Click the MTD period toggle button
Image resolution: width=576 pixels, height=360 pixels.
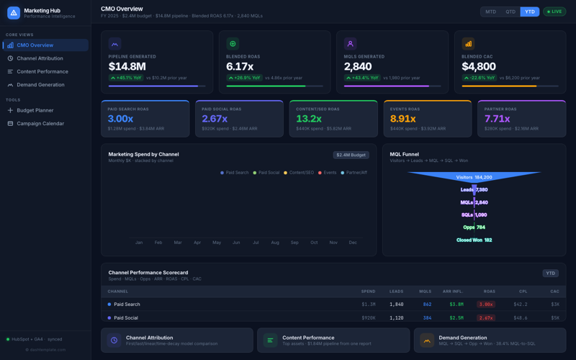click(x=490, y=12)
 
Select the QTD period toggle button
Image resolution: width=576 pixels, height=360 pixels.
click(x=510, y=12)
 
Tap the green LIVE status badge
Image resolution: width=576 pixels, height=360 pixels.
click(x=554, y=12)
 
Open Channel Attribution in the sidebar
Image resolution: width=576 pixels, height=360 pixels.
click(x=40, y=58)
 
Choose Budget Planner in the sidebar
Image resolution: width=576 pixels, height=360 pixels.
click(x=35, y=110)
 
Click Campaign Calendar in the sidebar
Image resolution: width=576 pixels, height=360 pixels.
click(x=40, y=123)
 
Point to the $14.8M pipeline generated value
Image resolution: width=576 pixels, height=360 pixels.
click(x=127, y=66)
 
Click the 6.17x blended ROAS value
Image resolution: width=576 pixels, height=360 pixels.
click(x=240, y=66)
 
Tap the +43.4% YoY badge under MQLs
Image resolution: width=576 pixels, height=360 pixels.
click(x=361, y=78)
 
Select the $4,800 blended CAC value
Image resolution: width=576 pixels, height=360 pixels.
click(x=479, y=66)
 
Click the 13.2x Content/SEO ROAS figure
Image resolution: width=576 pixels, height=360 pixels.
click(x=309, y=119)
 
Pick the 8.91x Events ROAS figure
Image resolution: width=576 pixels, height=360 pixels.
click(x=402, y=119)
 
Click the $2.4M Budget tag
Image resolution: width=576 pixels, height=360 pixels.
click(x=351, y=155)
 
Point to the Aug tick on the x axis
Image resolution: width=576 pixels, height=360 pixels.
click(x=275, y=243)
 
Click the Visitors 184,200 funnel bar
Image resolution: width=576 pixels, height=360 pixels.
click(x=474, y=176)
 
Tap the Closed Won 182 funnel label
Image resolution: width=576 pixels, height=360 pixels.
click(x=474, y=240)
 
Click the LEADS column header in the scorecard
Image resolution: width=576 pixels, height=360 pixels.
click(x=396, y=292)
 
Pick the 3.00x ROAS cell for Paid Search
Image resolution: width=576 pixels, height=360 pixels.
click(x=485, y=305)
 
